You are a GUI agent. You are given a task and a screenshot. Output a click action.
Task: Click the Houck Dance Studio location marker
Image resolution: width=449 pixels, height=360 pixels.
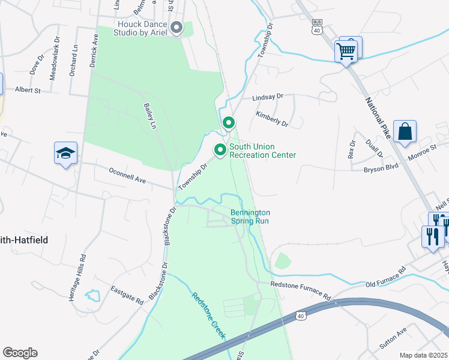(x=176, y=28)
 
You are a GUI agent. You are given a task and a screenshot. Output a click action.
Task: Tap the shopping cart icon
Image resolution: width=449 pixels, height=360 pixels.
(x=346, y=51)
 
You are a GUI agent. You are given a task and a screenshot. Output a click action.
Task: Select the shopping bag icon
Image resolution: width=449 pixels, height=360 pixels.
(x=405, y=131)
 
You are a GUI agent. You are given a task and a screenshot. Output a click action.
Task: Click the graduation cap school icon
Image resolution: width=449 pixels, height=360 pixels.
(x=65, y=154)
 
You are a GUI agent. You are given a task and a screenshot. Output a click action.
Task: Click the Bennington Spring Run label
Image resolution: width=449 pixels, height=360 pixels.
(x=250, y=217)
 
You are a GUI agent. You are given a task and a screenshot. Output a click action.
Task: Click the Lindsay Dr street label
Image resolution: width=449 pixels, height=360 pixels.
(x=267, y=96)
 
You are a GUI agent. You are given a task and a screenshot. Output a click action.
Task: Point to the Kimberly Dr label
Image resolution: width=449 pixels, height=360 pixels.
(x=272, y=118)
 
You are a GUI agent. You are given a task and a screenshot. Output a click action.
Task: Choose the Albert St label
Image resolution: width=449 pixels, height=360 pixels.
(x=27, y=90)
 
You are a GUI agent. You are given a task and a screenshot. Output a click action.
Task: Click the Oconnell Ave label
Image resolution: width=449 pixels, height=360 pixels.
(x=127, y=175)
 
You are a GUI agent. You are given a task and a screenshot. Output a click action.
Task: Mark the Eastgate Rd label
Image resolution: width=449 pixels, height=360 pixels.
(x=127, y=293)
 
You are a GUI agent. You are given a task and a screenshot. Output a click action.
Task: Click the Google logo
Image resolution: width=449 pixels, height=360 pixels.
(x=20, y=353)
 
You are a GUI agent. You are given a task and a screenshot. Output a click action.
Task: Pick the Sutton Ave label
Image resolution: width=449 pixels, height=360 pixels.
(x=393, y=337)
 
